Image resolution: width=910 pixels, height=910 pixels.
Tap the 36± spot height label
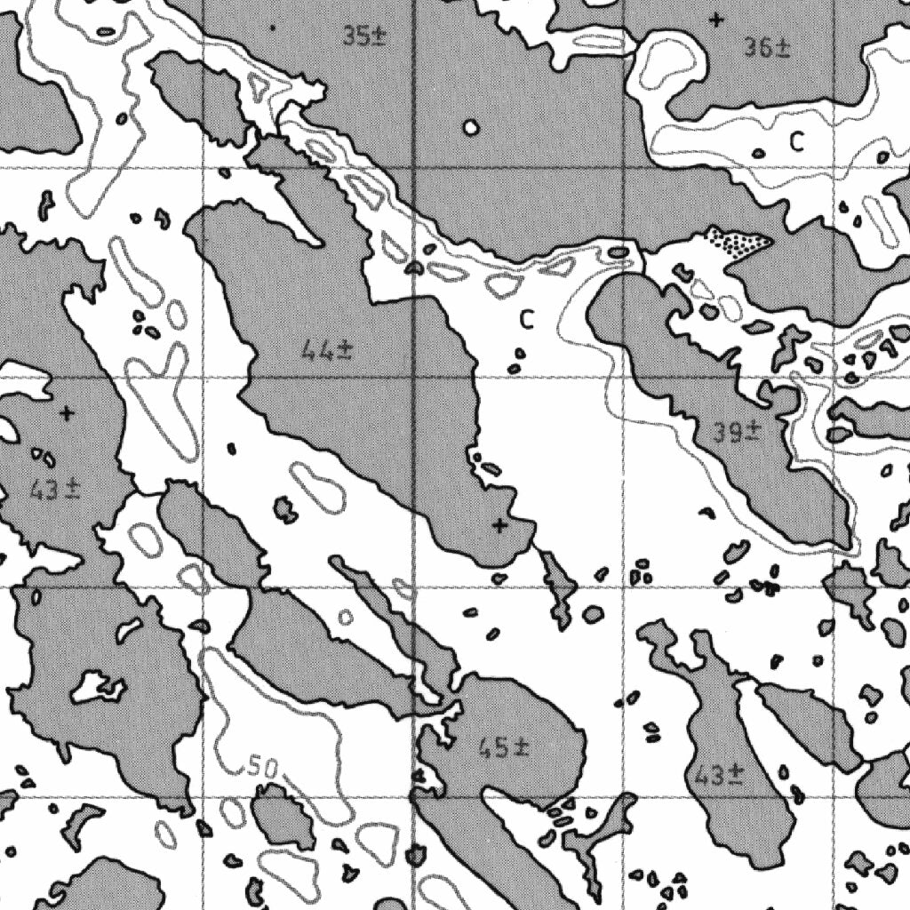pyautogui.click(x=767, y=48)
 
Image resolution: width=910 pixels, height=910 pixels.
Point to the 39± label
pyautogui.click(x=737, y=433)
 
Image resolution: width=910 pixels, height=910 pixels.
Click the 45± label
pyautogui.click(x=503, y=748)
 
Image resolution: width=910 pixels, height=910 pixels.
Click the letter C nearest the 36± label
pyautogui.click(x=797, y=140)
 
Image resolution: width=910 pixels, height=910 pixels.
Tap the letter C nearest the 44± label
pyautogui.click(x=527, y=319)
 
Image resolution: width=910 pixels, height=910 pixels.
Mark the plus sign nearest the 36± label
pyautogui.click(x=716, y=19)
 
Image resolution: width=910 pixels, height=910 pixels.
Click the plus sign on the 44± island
pyautogui.click(x=499, y=526)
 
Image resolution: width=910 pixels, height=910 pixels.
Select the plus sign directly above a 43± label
pyautogui.click(x=67, y=413)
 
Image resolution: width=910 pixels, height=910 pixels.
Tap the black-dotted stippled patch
pyautogui.click(x=738, y=243)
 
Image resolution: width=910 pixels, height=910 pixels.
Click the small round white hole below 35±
pyautogui.click(x=471, y=127)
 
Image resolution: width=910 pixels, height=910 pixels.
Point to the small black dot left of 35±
pyautogui.click(x=272, y=28)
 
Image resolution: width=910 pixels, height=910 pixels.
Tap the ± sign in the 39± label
pyautogui.click(x=754, y=433)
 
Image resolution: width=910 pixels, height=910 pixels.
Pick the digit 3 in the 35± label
pyautogui.click(x=349, y=36)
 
